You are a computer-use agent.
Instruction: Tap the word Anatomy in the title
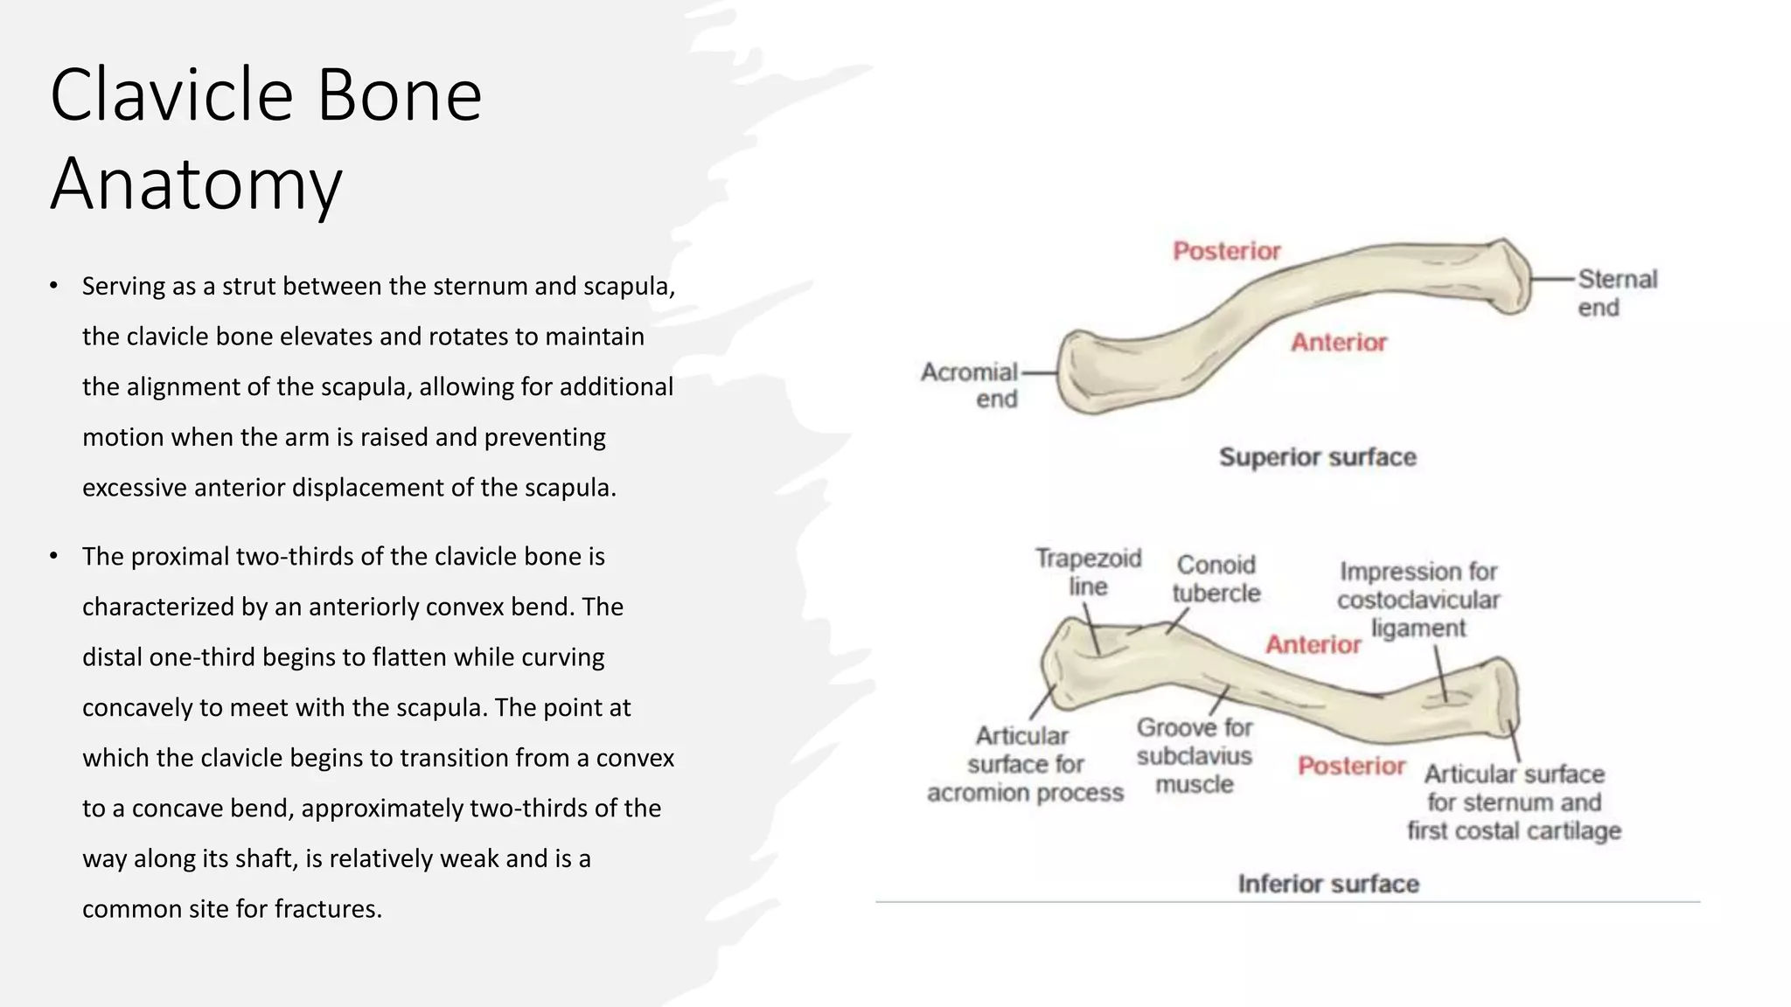pyautogui.click(x=196, y=184)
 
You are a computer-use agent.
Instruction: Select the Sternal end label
pyautogui.click(x=1617, y=293)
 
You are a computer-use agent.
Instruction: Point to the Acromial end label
pyautogui.click(x=970, y=385)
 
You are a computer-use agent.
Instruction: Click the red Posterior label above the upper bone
pyautogui.click(x=1226, y=252)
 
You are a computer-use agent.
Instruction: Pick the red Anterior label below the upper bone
pyautogui.click(x=1339, y=342)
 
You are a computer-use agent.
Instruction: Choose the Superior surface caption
pyautogui.click(x=1317, y=457)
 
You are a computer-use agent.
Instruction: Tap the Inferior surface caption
pyautogui.click(x=1328, y=884)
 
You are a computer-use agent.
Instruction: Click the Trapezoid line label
pyautogui.click(x=1088, y=572)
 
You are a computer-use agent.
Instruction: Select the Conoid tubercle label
pyautogui.click(x=1216, y=579)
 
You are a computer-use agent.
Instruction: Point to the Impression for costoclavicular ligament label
pyautogui.click(x=1418, y=600)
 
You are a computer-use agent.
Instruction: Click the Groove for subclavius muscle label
pyautogui.click(x=1195, y=756)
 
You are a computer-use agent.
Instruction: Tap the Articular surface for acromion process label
pyautogui.click(x=1025, y=764)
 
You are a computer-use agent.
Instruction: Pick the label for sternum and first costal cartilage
pyautogui.click(x=1514, y=802)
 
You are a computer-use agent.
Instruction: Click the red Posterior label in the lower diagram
pyautogui.click(x=1351, y=766)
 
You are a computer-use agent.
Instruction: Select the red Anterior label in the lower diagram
pyautogui.click(x=1313, y=644)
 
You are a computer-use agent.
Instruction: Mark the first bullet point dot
pyautogui.click(x=53, y=286)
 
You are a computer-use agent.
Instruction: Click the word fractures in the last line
pyautogui.click(x=328, y=909)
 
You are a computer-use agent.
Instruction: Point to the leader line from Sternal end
pyautogui.click(x=1553, y=279)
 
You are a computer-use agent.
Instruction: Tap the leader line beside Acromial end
pyautogui.click(x=1039, y=372)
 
